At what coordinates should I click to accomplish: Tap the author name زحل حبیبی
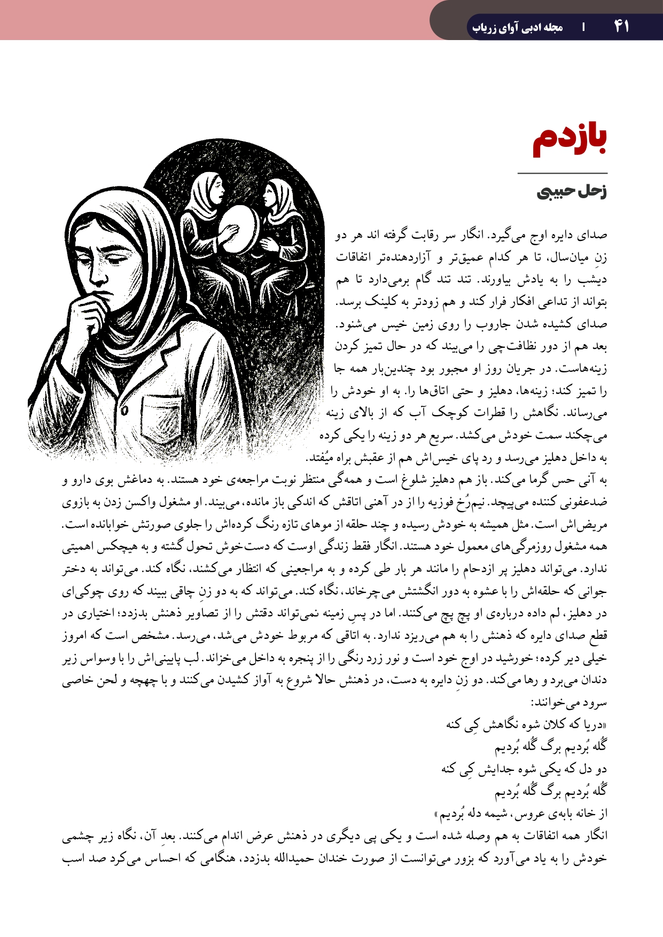click(572, 192)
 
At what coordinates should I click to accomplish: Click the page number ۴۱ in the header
click(621, 26)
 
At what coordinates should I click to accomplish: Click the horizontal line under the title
click(563, 173)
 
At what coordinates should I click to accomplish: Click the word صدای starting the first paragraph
click(595, 236)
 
